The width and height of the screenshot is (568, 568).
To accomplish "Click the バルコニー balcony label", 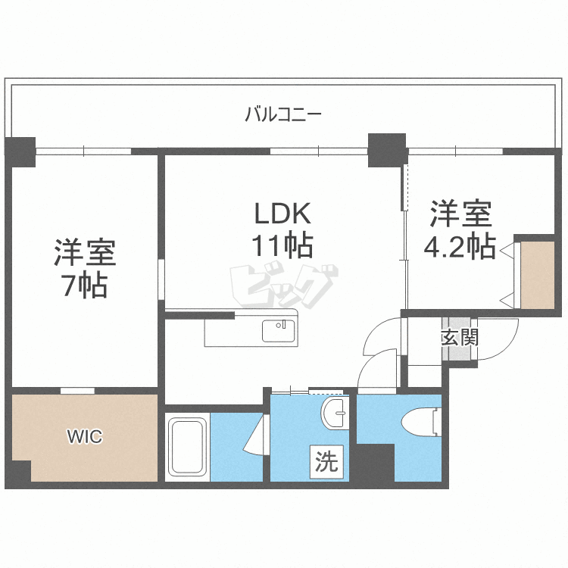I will click(x=283, y=115).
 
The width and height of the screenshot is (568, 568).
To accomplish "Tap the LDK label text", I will click(x=283, y=215).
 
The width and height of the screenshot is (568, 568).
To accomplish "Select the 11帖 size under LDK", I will click(x=283, y=245).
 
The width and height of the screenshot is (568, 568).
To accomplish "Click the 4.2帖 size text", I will click(x=462, y=246).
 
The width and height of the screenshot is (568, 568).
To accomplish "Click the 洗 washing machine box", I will click(x=326, y=462).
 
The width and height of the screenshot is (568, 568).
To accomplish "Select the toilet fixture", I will click(x=421, y=421).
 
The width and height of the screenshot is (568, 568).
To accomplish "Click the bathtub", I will click(x=186, y=447).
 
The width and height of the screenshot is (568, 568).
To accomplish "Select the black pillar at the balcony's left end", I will click(x=20, y=151).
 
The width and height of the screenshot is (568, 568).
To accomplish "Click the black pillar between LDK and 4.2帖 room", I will click(x=387, y=150).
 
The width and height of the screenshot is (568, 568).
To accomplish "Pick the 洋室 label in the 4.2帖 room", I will click(x=461, y=214).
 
